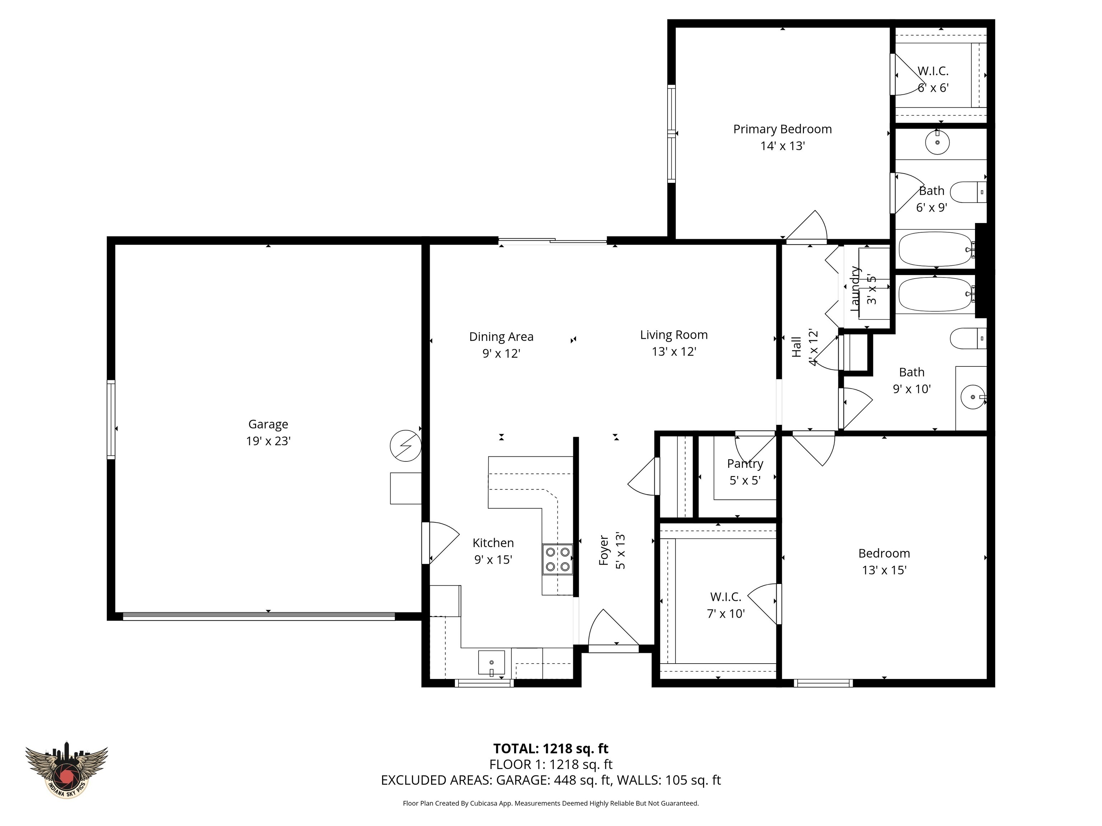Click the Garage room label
click(268, 424)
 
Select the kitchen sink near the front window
click(491, 662)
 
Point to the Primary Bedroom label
click(782, 129)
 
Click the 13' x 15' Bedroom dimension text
click(884, 570)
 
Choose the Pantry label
click(745, 464)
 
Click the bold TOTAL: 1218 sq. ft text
click(551, 748)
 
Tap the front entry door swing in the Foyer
click(612, 630)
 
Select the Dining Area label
click(501, 337)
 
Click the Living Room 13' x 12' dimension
click(674, 351)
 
